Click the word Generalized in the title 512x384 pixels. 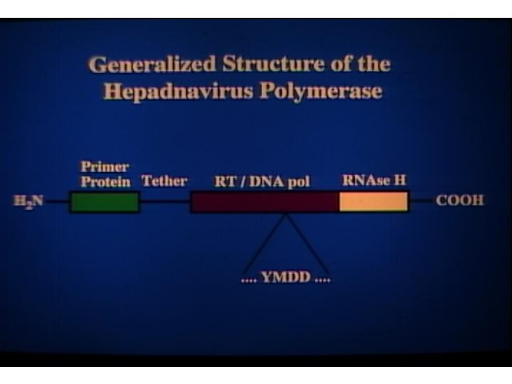click(x=152, y=65)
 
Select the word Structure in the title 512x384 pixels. click(x=273, y=64)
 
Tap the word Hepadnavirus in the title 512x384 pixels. click(x=178, y=92)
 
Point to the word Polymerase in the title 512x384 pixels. click(x=321, y=92)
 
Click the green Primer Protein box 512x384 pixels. click(x=105, y=202)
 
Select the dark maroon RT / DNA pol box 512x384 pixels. click(x=265, y=202)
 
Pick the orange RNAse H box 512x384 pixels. click(x=373, y=202)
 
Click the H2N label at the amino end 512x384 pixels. click(x=28, y=201)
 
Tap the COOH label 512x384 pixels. click(x=460, y=201)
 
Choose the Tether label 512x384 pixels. click(x=164, y=181)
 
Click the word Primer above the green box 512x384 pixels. click(x=105, y=166)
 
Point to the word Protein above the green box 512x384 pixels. click(x=105, y=181)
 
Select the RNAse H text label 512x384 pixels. click(x=374, y=180)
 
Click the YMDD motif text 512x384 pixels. click(x=286, y=277)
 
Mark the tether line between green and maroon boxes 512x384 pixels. click(x=166, y=201)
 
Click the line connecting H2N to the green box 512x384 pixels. click(x=56, y=201)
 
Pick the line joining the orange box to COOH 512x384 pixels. click(x=422, y=200)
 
